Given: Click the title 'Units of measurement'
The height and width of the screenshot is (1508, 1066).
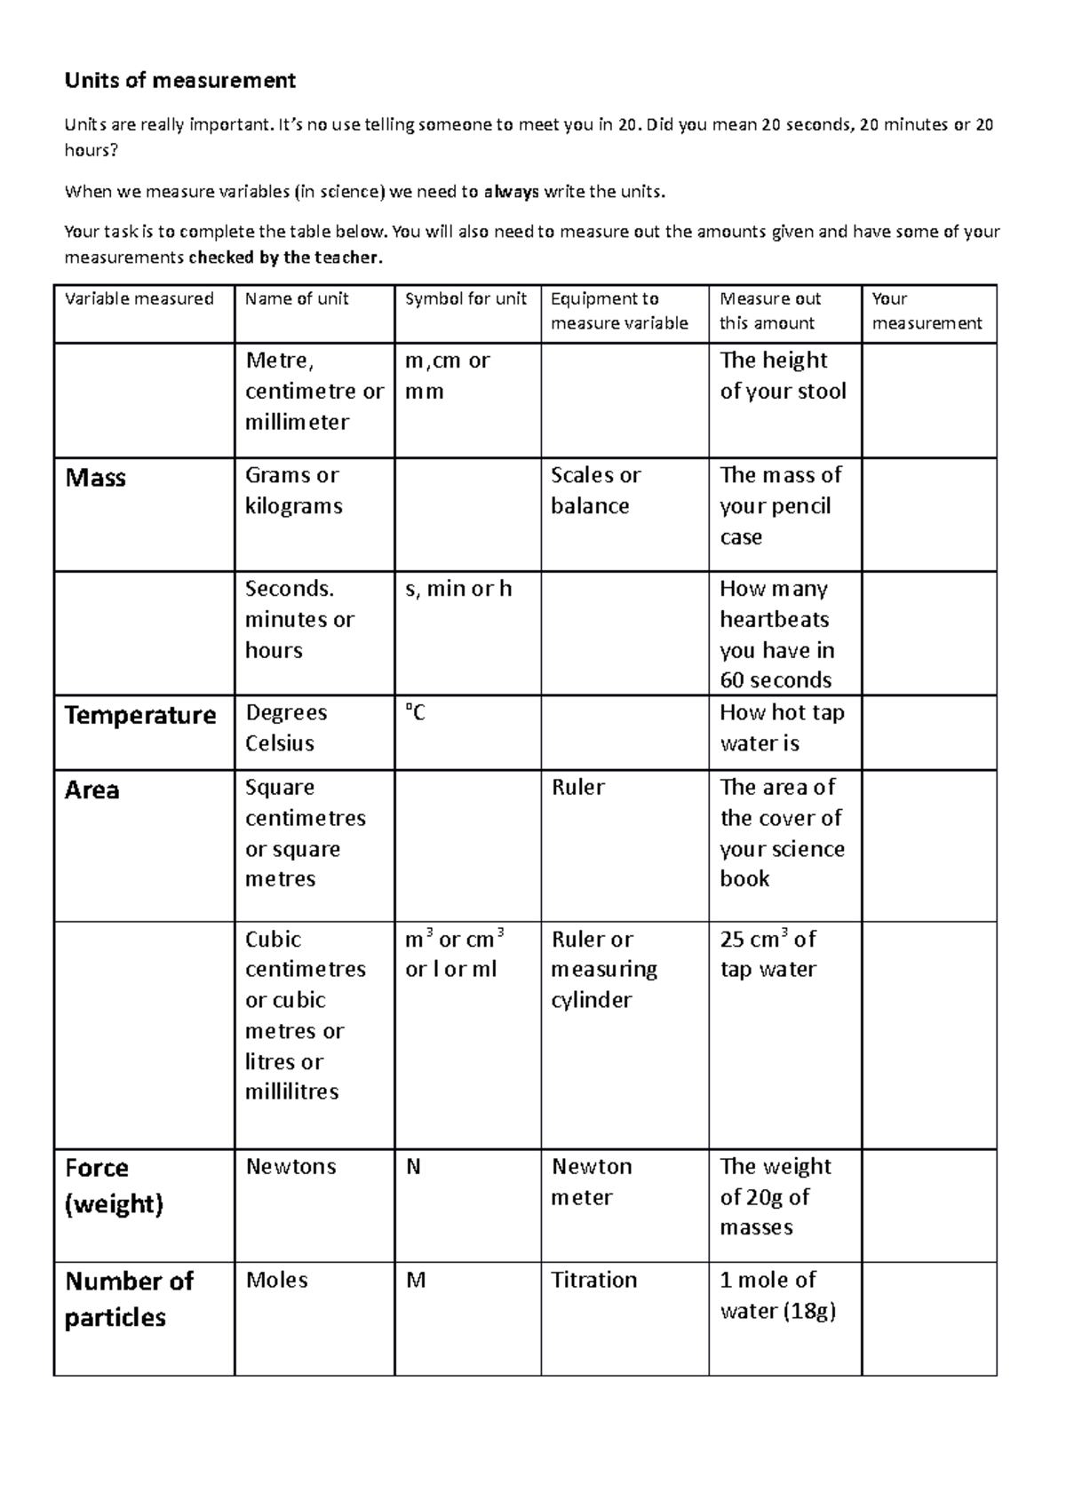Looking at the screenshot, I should tap(179, 81).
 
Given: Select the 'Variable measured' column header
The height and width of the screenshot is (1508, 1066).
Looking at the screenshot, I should tap(139, 299).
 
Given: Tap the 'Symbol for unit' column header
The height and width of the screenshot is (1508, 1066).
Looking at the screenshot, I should tap(465, 299).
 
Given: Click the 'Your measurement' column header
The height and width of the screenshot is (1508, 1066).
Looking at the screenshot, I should tap(927, 311).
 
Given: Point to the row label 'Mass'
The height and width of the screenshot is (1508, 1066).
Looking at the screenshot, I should tap(96, 478).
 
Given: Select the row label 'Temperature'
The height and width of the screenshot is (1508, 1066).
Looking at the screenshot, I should tap(140, 716).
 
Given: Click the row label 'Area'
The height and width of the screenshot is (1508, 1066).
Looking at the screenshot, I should tap(92, 790).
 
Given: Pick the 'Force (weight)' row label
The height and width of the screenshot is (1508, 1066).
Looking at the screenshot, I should tap(114, 1186).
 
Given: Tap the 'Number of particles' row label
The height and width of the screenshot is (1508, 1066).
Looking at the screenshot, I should tap(129, 1298).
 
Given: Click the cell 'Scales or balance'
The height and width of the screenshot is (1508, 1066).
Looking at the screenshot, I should tap(595, 490).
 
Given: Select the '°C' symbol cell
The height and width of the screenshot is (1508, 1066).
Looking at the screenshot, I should tap(415, 713).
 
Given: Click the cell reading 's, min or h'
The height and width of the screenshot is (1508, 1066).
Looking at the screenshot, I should tap(458, 589).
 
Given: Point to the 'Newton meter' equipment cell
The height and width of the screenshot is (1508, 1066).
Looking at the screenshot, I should tap(591, 1181).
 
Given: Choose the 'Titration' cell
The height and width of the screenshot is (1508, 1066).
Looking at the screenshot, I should tap(593, 1280).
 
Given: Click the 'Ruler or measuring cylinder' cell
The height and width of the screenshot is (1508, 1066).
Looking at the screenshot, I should tap(604, 969).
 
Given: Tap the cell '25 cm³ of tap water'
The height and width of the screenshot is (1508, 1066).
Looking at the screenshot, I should tap(768, 954).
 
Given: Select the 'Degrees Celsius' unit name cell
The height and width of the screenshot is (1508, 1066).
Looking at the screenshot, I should tap(286, 727).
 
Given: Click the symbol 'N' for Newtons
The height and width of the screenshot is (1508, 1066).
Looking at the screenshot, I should tap(413, 1167).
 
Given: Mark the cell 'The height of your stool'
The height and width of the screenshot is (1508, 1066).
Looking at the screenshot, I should tap(783, 375).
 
